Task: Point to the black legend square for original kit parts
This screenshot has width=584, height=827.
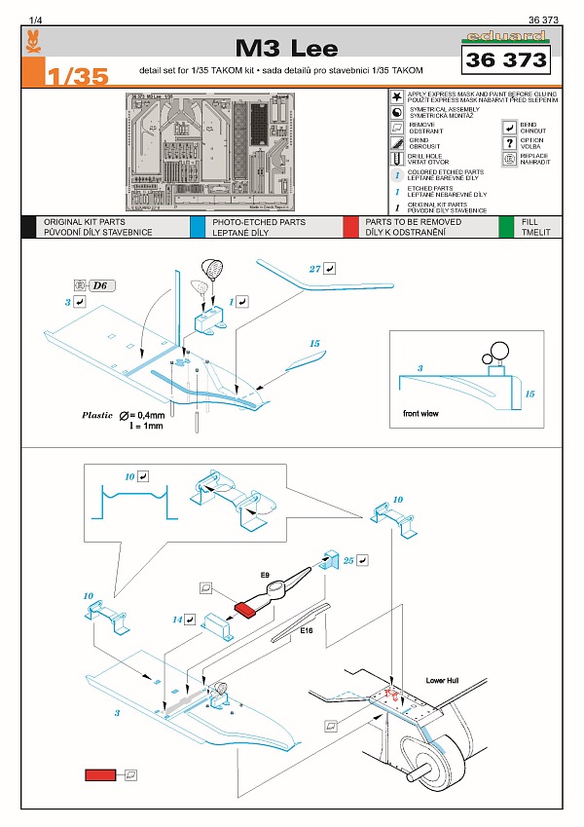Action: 28,227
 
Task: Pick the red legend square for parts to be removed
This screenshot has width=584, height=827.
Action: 350,227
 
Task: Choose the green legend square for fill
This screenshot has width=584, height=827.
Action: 506,227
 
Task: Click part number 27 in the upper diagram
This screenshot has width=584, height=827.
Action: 314,268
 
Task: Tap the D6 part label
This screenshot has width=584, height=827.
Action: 101,285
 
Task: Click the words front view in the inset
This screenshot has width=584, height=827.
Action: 420,414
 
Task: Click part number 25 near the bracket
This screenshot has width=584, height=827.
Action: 348,561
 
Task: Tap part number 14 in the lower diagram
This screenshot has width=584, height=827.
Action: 178,619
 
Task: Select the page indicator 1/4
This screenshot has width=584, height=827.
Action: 36,19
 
